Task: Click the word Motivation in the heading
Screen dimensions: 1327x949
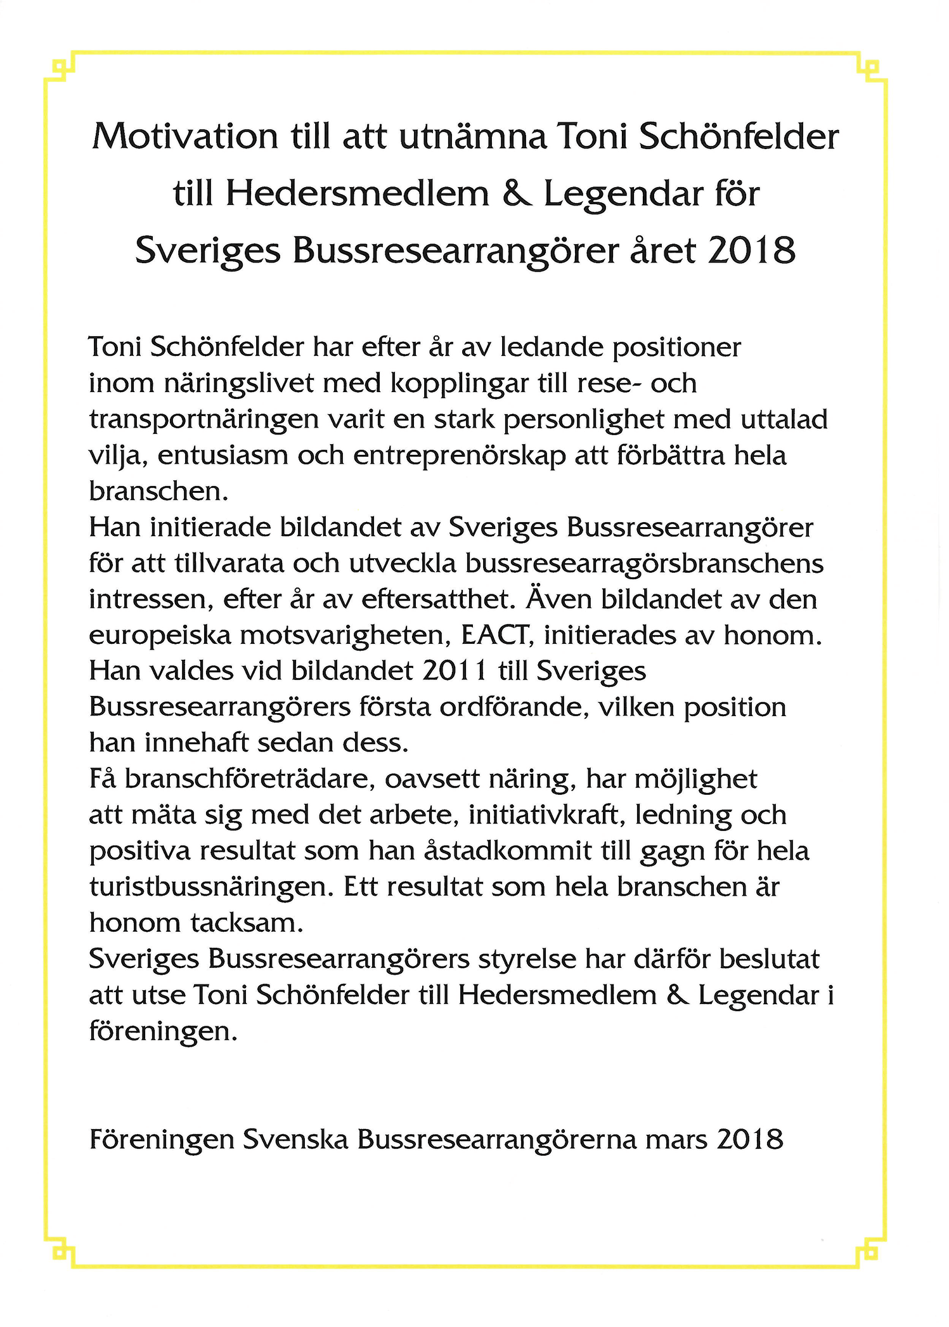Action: [x=185, y=136]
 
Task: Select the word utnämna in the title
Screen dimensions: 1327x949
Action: [x=472, y=136]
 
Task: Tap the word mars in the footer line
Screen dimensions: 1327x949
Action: [x=676, y=1140]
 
